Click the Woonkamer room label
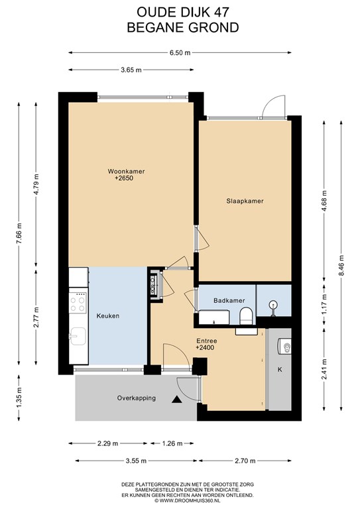pos(126,172)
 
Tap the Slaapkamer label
pos(245,201)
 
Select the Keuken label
pos(108,316)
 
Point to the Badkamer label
pos(229,301)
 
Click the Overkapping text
pos(137,398)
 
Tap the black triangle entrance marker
pos(176,400)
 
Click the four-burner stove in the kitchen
pos(78,302)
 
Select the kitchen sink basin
pos(78,336)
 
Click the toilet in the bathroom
pos(246,316)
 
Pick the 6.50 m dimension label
pos(180,53)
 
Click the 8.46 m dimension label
pos(341,265)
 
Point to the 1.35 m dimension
pos(19,398)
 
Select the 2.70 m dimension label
pos(245,461)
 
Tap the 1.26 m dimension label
pos(172,443)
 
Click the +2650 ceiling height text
pos(124,178)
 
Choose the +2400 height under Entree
pos(205,348)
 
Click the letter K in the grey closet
pos(280,369)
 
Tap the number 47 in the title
pos(221,13)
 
